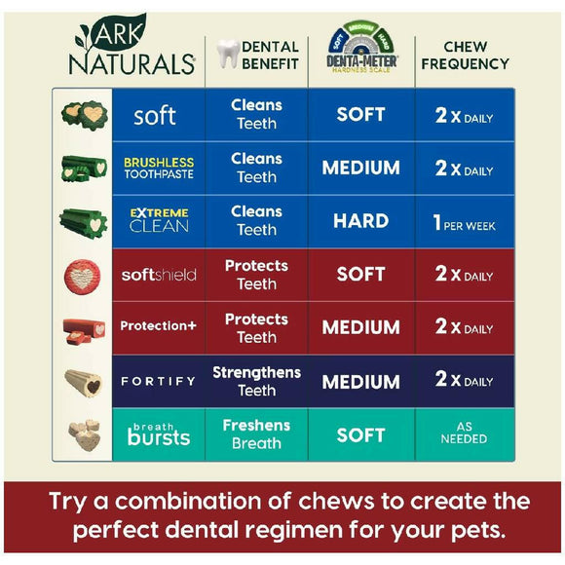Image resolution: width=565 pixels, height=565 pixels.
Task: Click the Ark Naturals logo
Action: tap(132, 49)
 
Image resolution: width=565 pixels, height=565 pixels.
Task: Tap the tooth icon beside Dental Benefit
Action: tap(226, 54)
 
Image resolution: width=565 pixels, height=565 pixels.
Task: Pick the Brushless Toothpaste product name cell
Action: tap(158, 168)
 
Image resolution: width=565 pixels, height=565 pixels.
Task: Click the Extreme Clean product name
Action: tap(158, 220)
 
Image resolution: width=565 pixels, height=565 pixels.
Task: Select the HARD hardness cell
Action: tap(360, 221)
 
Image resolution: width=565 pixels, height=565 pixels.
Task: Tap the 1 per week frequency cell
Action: tap(463, 222)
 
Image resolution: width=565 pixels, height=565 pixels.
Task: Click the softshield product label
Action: tap(158, 275)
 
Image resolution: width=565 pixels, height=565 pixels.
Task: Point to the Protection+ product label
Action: tap(158, 326)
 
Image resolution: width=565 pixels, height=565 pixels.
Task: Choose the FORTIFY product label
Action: tap(158, 381)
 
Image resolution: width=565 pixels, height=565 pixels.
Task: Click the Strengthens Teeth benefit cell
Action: tap(256, 381)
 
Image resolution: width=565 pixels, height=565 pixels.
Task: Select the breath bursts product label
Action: tap(158, 434)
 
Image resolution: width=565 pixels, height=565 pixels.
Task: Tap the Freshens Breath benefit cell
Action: tap(256, 434)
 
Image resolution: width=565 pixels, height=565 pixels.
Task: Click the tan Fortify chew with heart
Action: tap(84, 381)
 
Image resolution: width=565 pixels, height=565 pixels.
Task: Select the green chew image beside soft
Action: tap(83, 114)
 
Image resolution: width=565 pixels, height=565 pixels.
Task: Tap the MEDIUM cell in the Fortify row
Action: tap(360, 382)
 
